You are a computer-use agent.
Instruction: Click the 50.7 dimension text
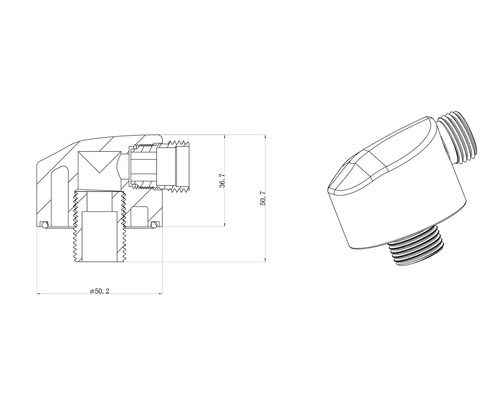pyautogui.click(x=262, y=199)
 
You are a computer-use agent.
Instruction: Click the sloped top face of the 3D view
pyautogui.click(x=390, y=160)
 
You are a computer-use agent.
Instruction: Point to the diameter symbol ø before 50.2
pyautogui.click(x=89, y=289)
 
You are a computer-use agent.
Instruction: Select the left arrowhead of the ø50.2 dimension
pyautogui.click(x=39, y=294)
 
